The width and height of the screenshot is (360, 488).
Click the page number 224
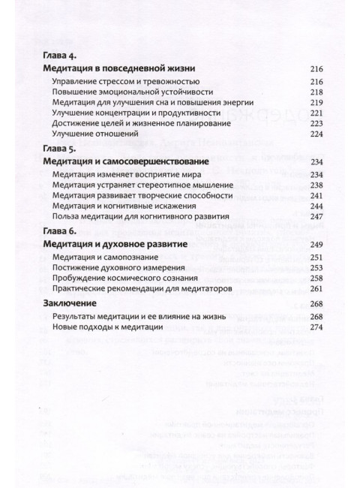(316, 134)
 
